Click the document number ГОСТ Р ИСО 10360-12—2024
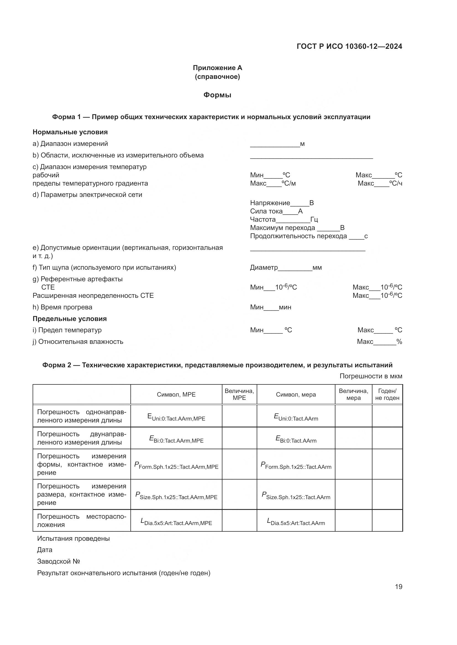coord(349,46)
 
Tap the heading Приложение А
coord(217,68)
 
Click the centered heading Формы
coord(217,95)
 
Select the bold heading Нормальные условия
coord(70,132)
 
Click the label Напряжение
coord(270,203)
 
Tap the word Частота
coord(263,220)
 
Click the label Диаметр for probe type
coord(264,267)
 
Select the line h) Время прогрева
coord(62,307)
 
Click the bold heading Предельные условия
coord(70,319)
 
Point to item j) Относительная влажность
coord(78,342)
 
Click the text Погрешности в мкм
coord(371,376)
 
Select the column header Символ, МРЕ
coord(176,394)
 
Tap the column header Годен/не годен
coord(387,394)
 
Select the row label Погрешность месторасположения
coord(82,520)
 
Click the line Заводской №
coord(59,561)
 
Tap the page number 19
coord(398,587)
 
